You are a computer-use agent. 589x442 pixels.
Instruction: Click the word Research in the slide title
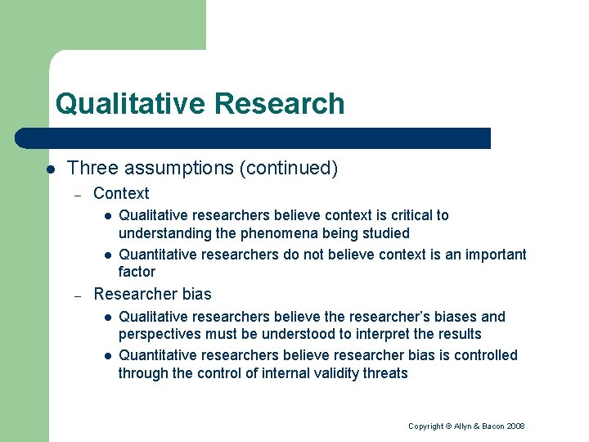point(279,104)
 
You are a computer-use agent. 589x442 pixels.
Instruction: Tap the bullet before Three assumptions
point(50,169)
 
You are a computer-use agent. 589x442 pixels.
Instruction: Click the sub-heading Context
point(121,194)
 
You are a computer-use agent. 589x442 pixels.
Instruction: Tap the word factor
point(137,272)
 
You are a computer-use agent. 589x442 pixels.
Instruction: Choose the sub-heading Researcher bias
point(152,295)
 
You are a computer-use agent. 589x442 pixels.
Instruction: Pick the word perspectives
point(159,334)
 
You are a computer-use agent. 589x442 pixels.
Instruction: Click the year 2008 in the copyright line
point(515,426)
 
